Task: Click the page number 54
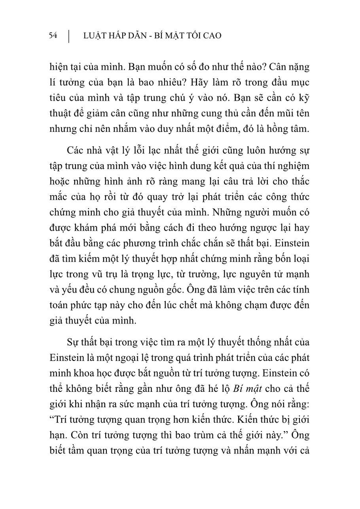coord(53,36)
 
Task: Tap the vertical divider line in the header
coord(69,36)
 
